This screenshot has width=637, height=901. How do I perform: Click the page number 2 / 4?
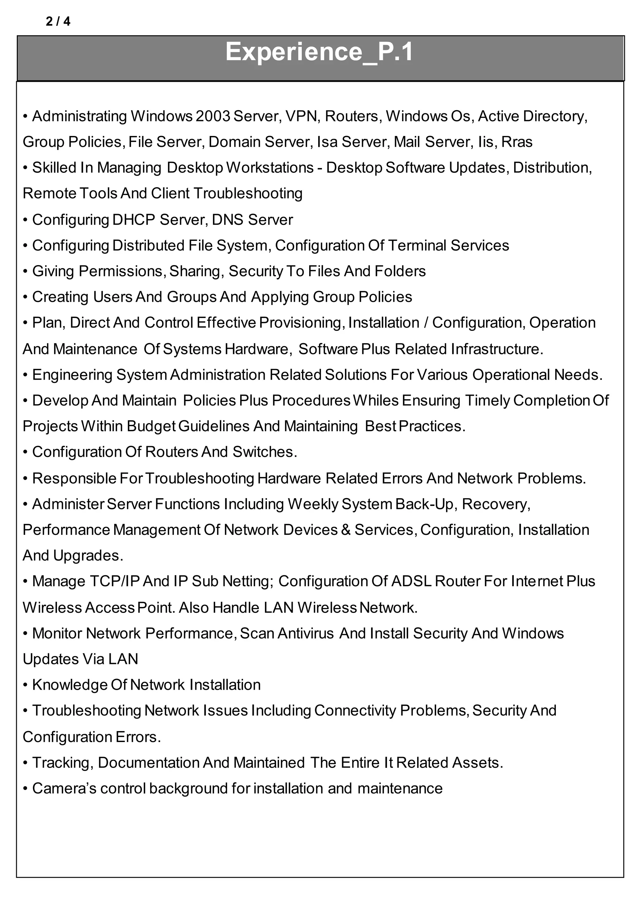click(58, 21)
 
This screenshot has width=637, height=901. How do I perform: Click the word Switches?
click(265, 452)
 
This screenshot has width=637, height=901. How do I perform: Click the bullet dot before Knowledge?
click(25, 685)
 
